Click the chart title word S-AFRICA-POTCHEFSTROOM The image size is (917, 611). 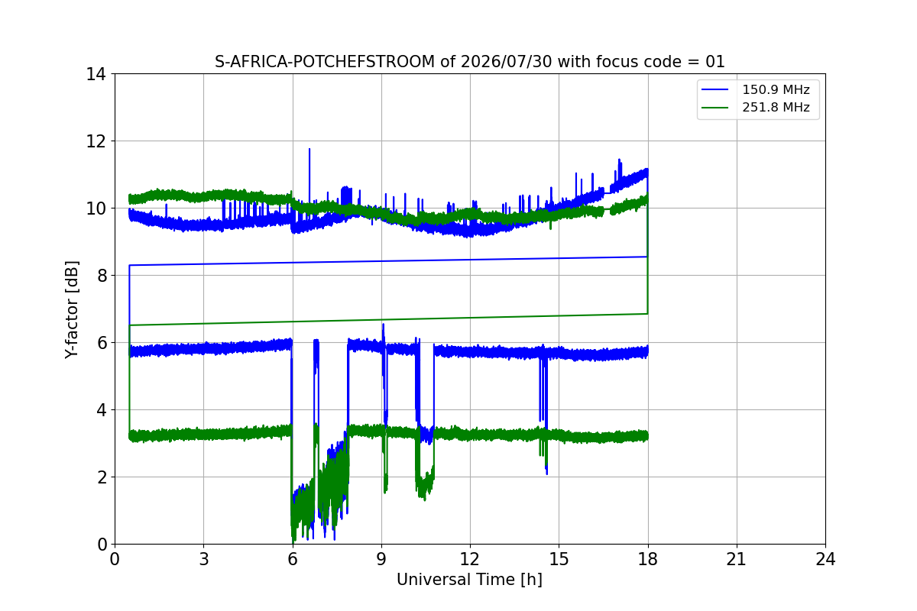coord(325,62)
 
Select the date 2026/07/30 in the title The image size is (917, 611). coord(506,62)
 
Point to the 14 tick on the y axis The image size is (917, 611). coord(96,74)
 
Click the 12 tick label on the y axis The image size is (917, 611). coord(96,141)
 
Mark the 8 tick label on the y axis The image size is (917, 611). coord(102,276)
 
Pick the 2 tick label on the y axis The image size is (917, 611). coord(102,477)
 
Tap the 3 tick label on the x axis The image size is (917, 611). coord(204,559)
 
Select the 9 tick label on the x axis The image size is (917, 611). coord(381,559)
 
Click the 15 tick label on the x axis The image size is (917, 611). coord(559,559)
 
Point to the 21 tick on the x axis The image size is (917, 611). coord(737,559)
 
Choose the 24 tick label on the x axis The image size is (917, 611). coord(825,559)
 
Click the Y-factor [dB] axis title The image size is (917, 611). coord(71,310)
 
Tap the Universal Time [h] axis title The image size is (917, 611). coord(469,580)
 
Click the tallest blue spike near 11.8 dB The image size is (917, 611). coord(309,149)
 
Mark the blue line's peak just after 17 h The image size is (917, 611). coord(619,160)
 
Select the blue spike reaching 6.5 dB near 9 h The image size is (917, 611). coord(383,325)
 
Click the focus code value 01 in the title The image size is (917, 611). coord(714,62)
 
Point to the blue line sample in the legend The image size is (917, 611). coord(714,89)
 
